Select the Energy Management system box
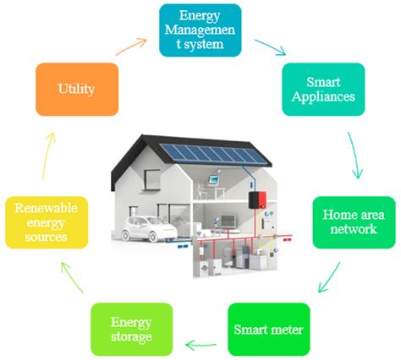pyautogui.click(x=200, y=30)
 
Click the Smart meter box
pyautogui.click(x=270, y=330)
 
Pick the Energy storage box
pyautogui.click(x=132, y=330)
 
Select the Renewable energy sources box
pyautogui.click(x=47, y=222)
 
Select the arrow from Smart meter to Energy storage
pyautogui.click(x=200, y=343)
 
